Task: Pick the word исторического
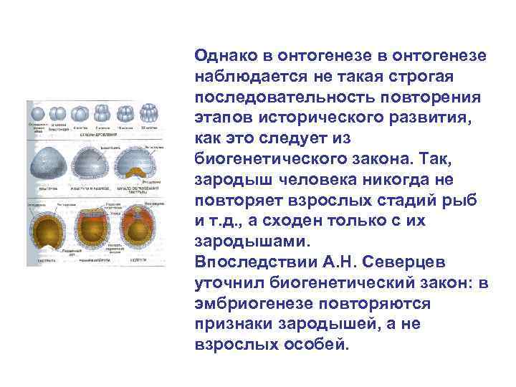(x=348, y=118)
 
